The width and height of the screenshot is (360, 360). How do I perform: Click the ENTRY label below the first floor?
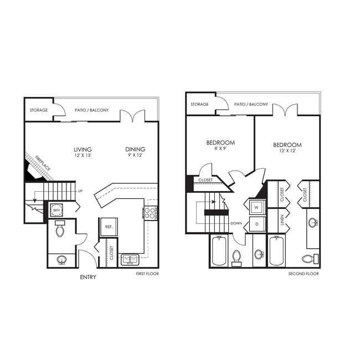[88, 277]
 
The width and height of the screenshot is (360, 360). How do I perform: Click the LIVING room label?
[83, 149]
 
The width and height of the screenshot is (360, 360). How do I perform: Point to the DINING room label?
[135, 149]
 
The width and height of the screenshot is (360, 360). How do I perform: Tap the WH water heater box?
[56, 210]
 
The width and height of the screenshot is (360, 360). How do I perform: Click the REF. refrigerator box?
[107, 227]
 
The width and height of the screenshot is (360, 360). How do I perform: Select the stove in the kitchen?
[151, 212]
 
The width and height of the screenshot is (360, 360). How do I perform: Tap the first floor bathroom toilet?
[61, 229]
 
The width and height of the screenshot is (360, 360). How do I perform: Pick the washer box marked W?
[256, 208]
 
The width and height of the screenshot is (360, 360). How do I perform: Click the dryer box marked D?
[256, 224]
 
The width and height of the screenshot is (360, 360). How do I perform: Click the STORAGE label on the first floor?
[39, 110]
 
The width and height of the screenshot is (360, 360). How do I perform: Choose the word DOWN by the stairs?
[236, 224]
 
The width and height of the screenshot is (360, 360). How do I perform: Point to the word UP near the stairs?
[80, 192]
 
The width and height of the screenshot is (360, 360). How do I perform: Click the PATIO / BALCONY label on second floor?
[251, 104]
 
